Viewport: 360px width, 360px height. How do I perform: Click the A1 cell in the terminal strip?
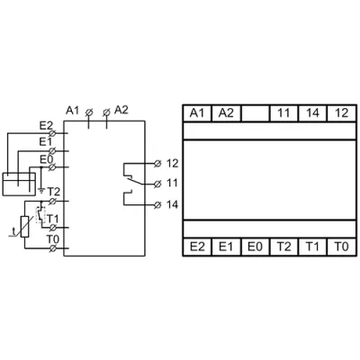coord(197,113)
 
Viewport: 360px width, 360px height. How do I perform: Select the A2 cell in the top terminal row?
coord(226,113)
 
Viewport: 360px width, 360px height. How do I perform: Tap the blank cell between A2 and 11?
coord(255,113)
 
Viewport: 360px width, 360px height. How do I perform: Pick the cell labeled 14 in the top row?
coord(312,113)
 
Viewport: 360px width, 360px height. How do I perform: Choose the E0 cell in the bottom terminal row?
coord(255,247)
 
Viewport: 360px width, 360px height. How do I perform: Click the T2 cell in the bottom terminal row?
coord(283,247)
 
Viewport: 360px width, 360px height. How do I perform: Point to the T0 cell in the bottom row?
coord(342,247)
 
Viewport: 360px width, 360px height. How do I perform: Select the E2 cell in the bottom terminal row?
coord(197,247)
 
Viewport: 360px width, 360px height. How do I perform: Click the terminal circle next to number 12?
coord(157,164)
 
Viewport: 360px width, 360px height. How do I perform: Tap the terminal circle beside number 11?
coord(157,184)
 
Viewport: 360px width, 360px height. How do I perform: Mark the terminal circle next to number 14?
coord(157,205)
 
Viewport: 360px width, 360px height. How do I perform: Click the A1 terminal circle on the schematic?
coord(89,112)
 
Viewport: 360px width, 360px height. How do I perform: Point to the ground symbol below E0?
coord(41,190)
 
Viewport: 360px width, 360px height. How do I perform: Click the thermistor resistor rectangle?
coord(25,227)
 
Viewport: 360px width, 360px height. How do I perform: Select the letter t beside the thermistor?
coord(13,231)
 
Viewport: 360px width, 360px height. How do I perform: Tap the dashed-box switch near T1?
coord(40,215)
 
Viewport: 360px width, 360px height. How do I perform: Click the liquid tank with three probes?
coord(19,184)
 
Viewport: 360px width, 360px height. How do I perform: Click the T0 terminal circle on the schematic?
coord(52,248)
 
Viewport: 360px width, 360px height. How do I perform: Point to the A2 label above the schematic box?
coord(121,110)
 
